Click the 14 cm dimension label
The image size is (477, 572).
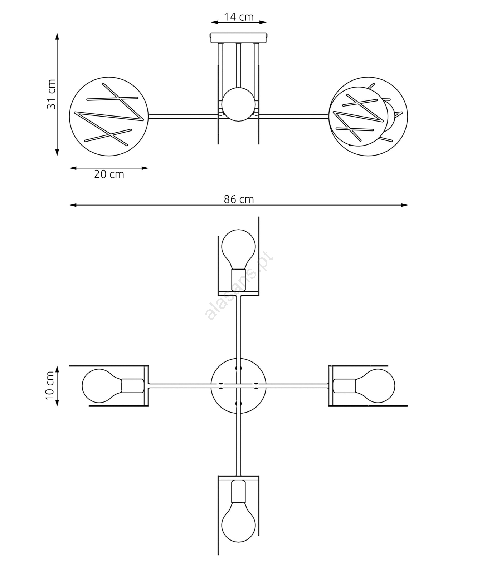[239, 17]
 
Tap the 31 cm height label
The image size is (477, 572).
[51, 94]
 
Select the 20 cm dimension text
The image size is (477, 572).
[109, 174]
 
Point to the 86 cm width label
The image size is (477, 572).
[239, 199]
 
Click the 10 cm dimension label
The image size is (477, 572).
[50, 386]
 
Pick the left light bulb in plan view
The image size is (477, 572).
[102, 386]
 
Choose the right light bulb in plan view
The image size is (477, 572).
[375, 386]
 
